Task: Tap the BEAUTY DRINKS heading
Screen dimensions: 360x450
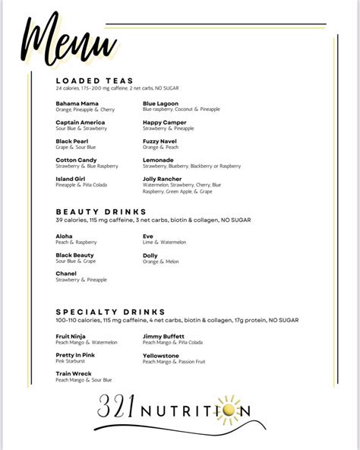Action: coord(101,211)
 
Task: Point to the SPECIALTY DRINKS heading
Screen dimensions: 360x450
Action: coord(110,312)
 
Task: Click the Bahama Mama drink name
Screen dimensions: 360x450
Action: coord(77,103)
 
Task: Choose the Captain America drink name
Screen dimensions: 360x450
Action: coord(81,122)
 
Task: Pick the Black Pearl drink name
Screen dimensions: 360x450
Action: coord(73,141)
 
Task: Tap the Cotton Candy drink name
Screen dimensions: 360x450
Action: coord(77,160)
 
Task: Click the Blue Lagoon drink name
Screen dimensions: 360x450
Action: coord(162,103)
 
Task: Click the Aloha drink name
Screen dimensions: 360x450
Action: coord(65,236)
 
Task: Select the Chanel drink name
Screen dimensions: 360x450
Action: coord(67,273)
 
